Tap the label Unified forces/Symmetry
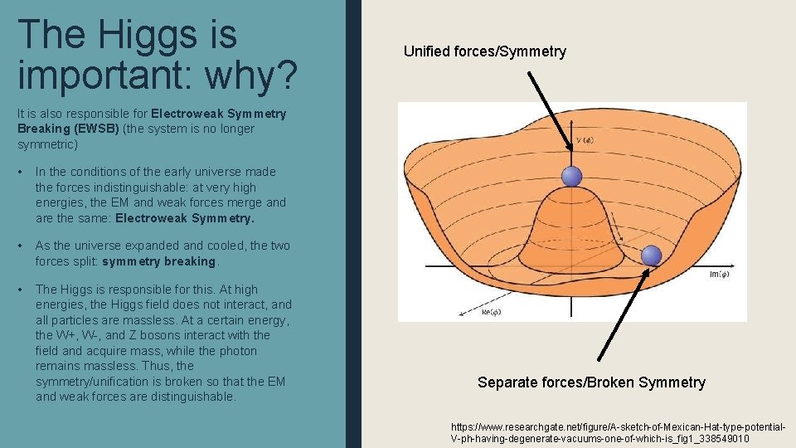[484, 51]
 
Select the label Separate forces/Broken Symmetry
[591, 382]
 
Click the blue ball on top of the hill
[572, 176]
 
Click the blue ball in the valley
[653, 255]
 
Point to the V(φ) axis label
[585, 140]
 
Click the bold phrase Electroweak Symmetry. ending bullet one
[185, 218]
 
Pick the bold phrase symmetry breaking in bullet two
[158, 261]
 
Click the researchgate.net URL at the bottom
[618, 431]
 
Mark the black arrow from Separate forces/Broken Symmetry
[622, 315]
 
